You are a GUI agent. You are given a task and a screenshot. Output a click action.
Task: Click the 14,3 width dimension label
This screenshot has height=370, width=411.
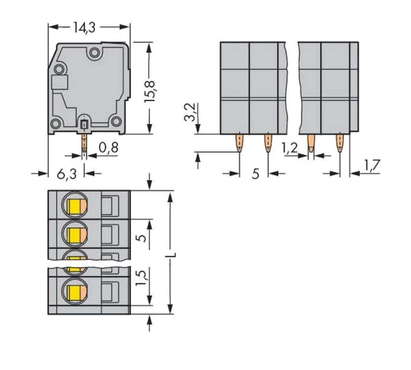click(x=84, y=28)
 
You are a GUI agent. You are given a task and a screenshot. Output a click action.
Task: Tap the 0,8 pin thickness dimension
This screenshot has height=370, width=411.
click(x=109, y=147)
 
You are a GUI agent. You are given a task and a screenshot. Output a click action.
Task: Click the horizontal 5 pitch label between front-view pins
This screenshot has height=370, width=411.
click(x=255, y=174)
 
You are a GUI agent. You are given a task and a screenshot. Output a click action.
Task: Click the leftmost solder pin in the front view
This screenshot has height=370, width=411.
click(x=239, y=143)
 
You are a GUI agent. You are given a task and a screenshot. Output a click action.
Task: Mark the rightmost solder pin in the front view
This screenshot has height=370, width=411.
click(x=339, y=143)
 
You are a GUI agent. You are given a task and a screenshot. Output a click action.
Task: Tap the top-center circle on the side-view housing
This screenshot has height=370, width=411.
click(x=95, y=53)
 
